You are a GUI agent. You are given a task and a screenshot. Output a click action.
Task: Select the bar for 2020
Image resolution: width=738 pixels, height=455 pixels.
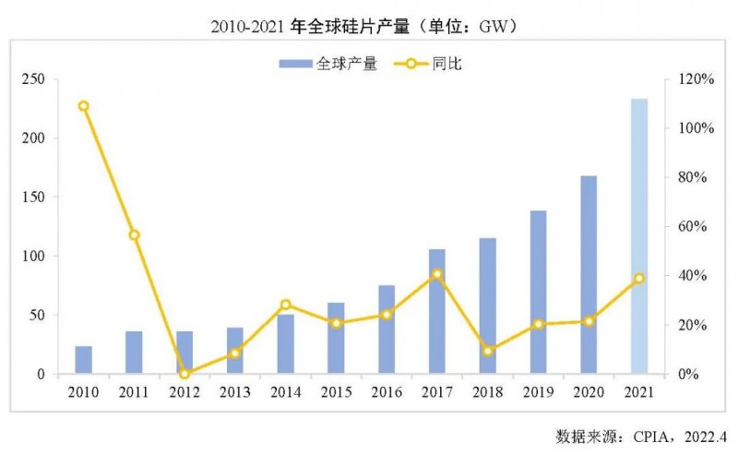coord(589,275)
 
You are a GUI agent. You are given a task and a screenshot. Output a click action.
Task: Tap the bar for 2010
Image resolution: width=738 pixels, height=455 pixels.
coord(84,360)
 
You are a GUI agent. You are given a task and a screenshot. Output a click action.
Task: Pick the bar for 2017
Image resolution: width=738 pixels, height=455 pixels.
coord(437,312)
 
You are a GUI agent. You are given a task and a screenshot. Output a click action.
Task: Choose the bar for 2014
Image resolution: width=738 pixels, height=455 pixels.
coord(286,344)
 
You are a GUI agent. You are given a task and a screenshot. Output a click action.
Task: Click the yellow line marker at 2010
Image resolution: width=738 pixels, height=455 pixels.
coord(84,106)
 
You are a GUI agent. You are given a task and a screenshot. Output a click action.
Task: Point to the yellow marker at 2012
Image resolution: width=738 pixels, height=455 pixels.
coord(184,374)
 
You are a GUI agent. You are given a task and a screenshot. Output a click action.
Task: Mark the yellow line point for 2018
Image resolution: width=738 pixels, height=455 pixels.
coord(488,351)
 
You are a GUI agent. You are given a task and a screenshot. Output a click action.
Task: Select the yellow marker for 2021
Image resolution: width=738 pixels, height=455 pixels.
coord(638,278)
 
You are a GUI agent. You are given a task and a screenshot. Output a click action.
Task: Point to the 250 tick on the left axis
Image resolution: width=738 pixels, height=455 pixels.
coord(34,80)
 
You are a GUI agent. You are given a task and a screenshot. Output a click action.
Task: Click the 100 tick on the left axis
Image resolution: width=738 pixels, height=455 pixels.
coord(34,257)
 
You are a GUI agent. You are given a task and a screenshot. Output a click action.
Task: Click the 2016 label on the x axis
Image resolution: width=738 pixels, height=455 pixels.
coord(387,392)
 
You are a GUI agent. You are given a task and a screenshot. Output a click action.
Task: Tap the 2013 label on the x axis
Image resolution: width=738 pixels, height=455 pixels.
coord(235,392)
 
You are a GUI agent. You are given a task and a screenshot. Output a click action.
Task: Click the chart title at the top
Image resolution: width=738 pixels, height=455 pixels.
coord(369,26)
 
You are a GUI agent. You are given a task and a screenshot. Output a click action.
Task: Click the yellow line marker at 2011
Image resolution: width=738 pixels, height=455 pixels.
coord(135,235)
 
